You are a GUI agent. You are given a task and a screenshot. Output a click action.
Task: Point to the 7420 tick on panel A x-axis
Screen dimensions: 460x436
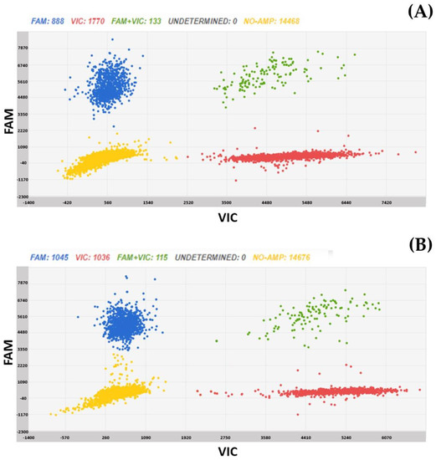pyautogui.click(x=387, y=202)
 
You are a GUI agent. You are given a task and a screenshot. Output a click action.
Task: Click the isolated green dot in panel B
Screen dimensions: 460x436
pyautogui.click(x=216, y=341)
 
